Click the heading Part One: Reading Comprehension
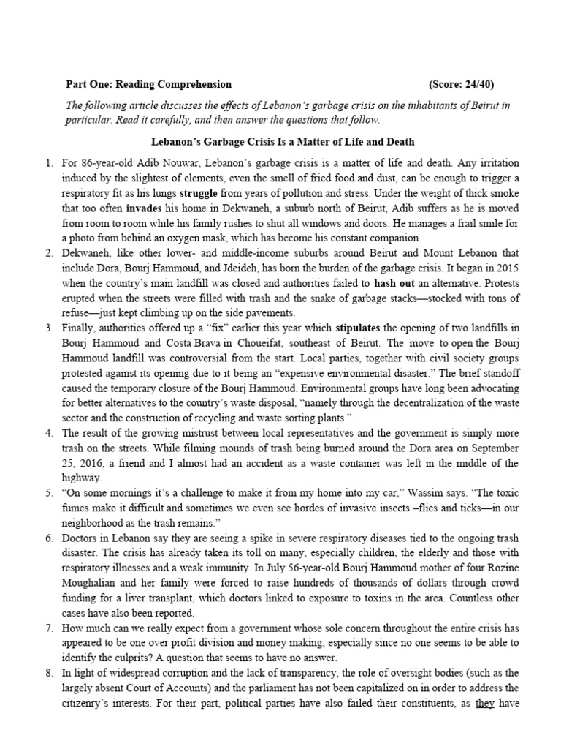pyautogui.click(x=148, y=84)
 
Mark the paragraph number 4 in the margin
pyautogui.click(x=69, y=432)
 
